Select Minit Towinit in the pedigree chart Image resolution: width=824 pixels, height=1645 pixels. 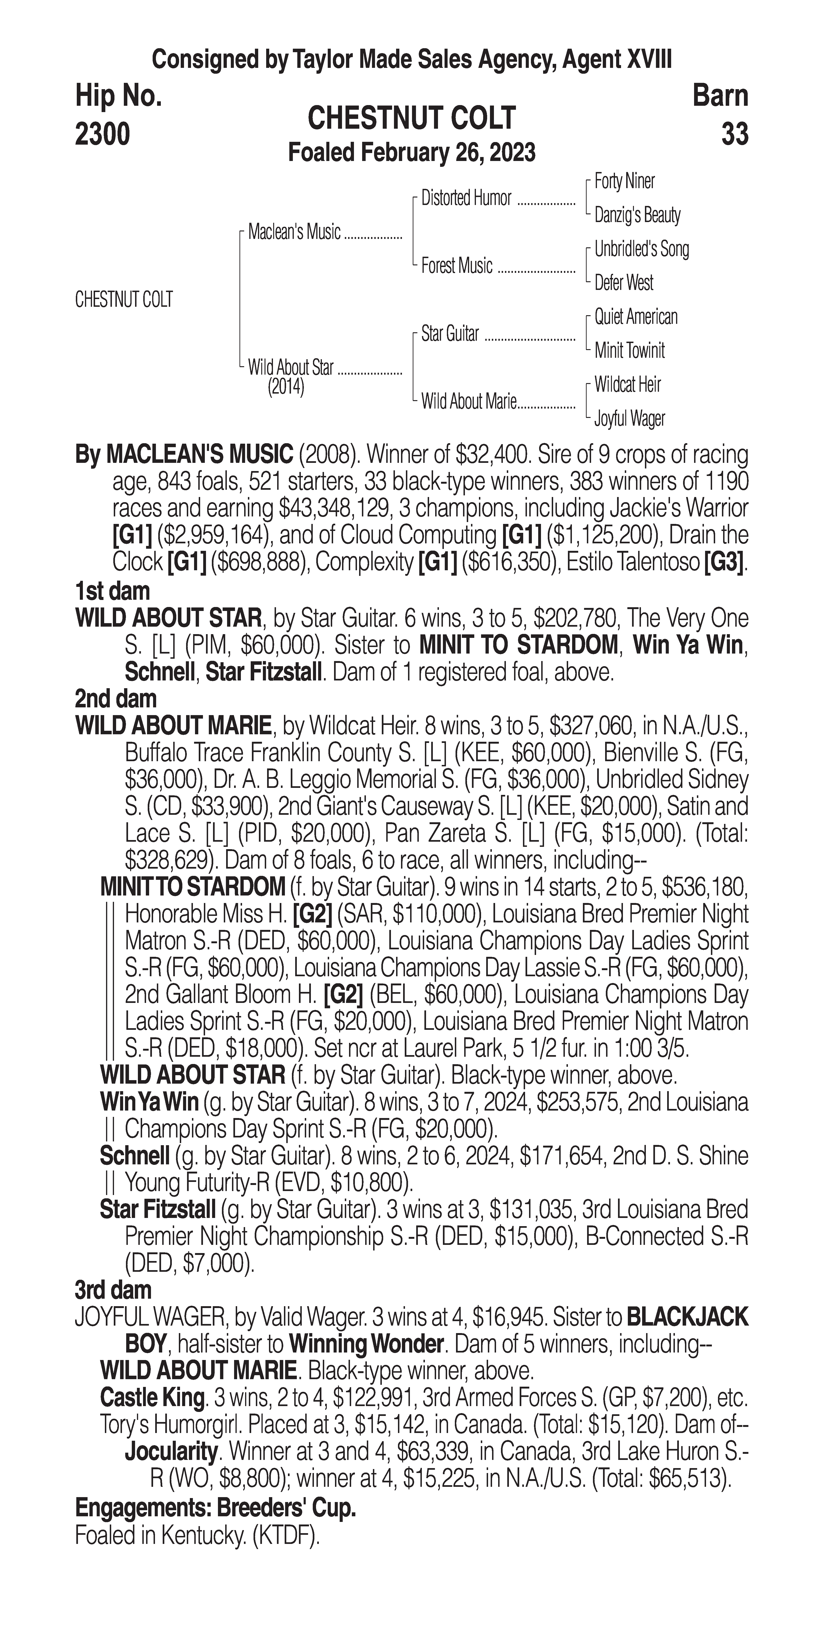(629, 351)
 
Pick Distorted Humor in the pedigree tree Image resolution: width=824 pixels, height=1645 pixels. (466, 199)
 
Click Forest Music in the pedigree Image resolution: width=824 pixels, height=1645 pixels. (457, 266)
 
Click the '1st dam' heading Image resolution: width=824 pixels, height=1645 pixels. (112, 591)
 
